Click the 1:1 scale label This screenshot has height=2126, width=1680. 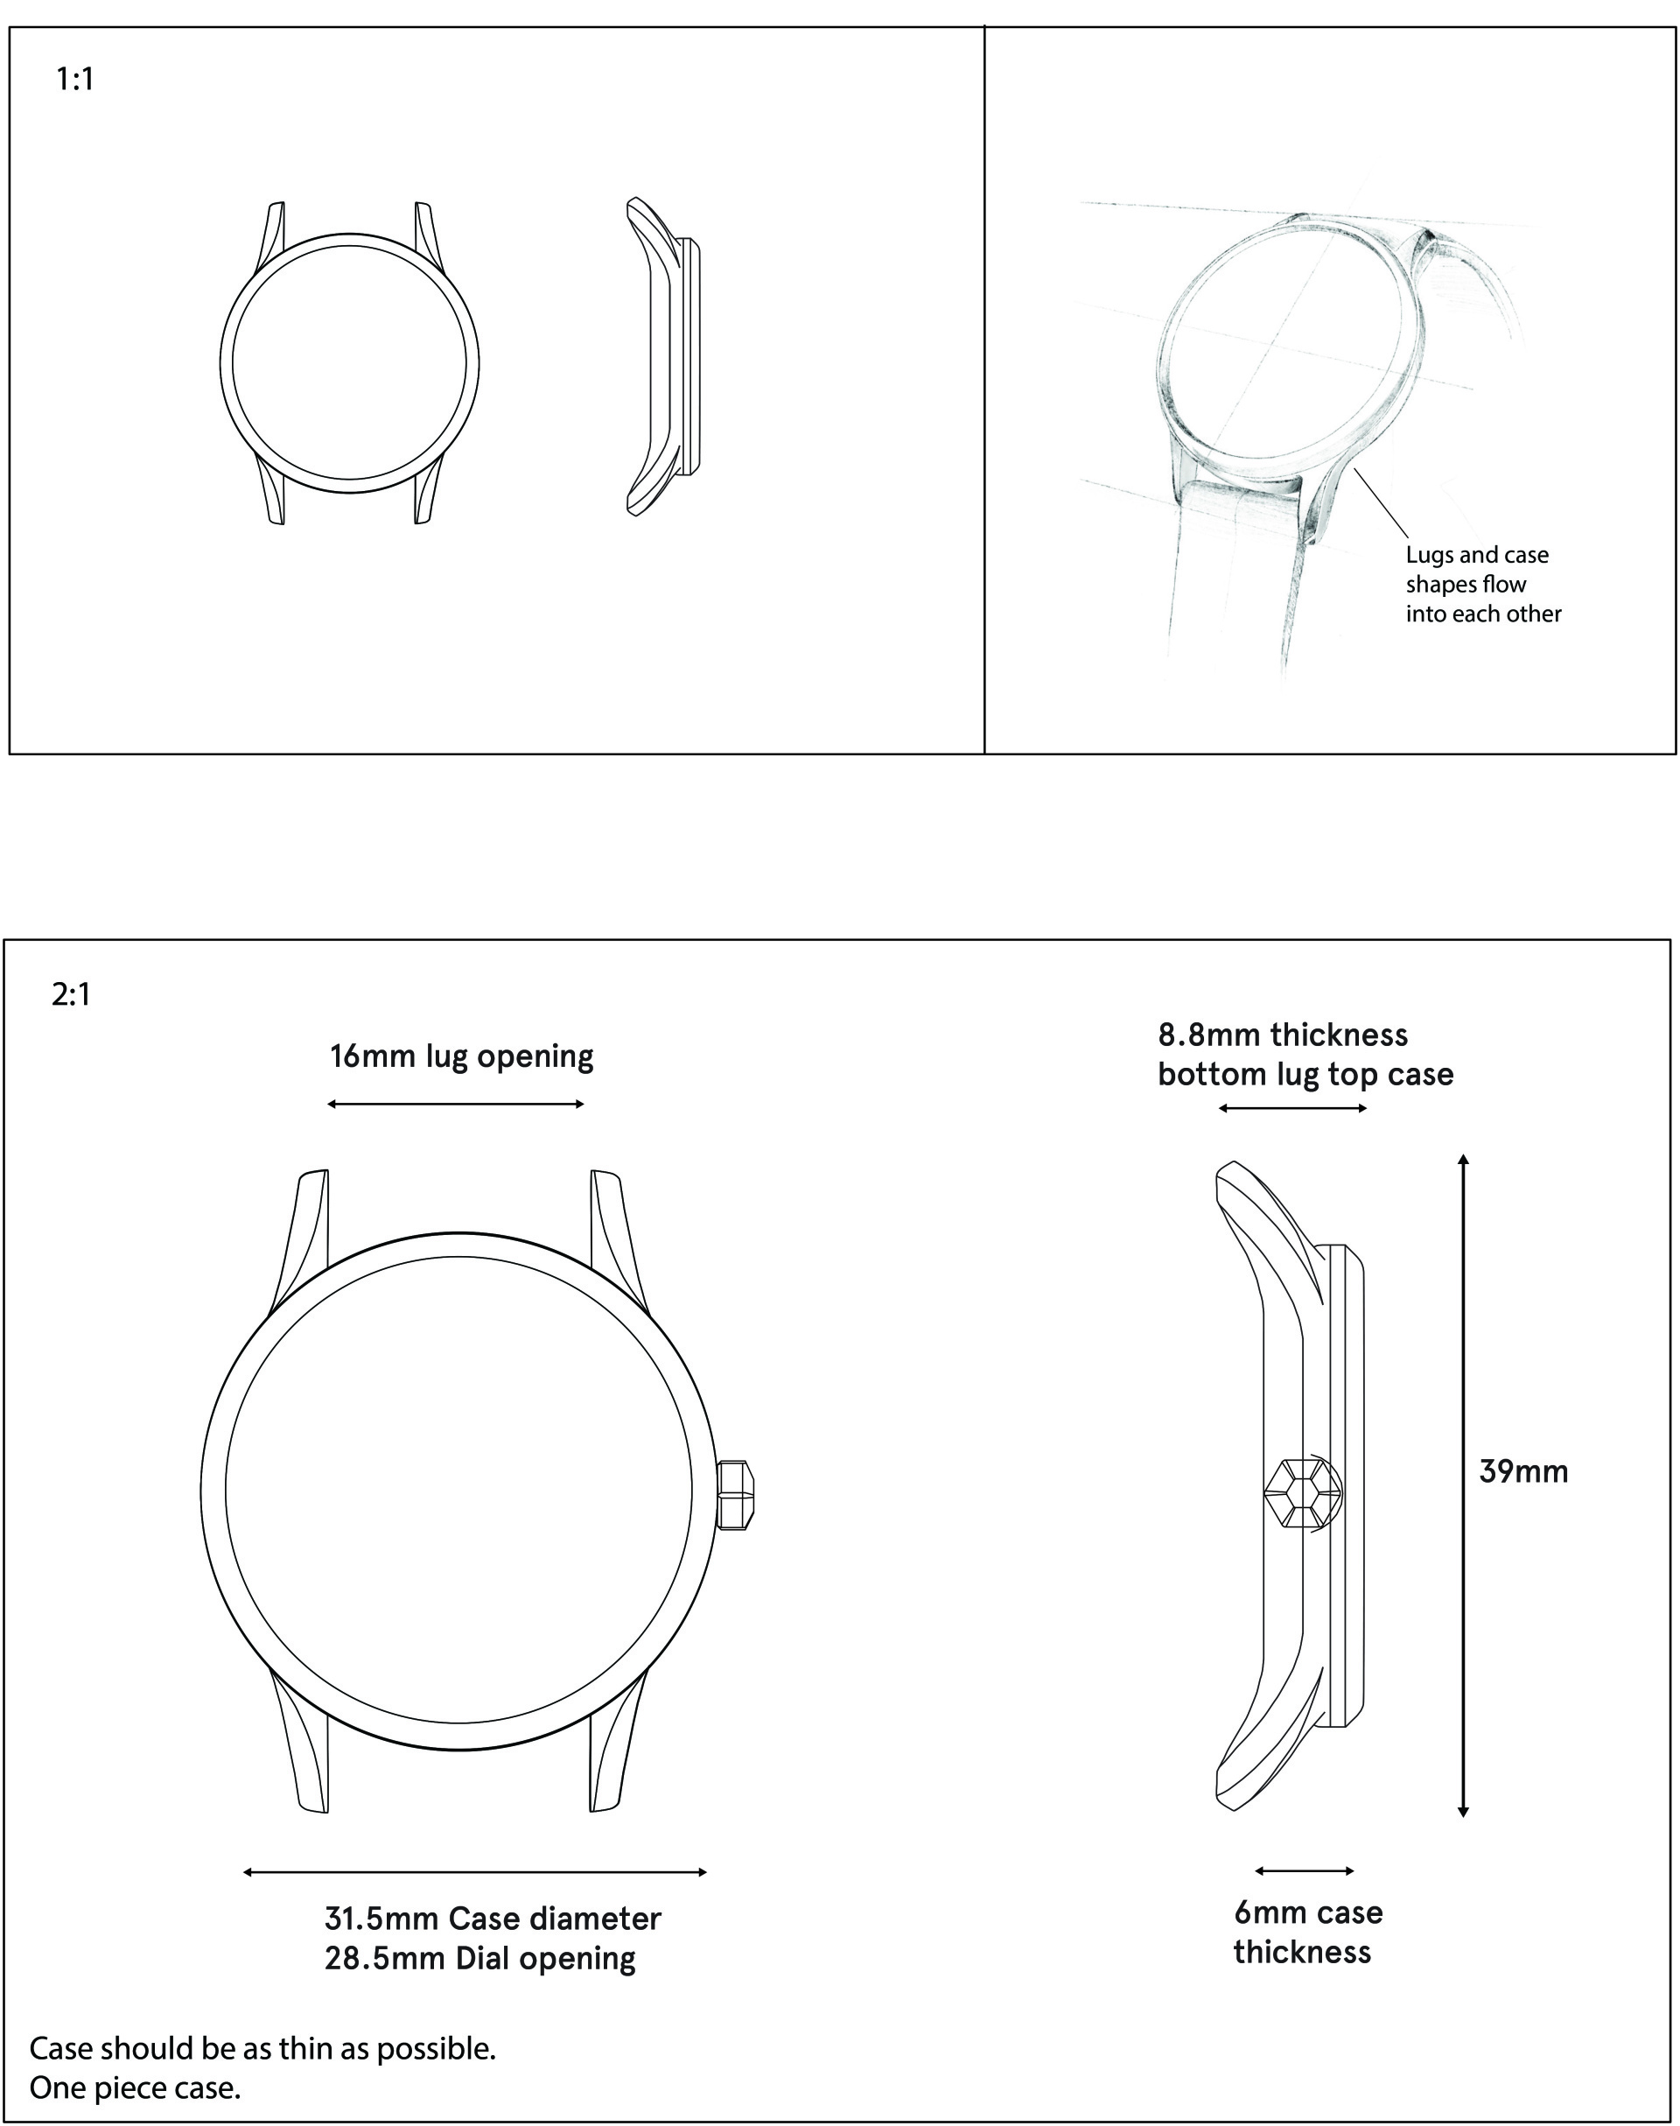point(74,79)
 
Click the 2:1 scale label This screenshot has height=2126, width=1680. point(71,994)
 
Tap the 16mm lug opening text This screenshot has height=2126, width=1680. point(461,1056)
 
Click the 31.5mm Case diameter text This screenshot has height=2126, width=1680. point(493,1919)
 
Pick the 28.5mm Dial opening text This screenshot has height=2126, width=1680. point(480,1958)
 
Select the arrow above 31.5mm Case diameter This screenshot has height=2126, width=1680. point(475,1872)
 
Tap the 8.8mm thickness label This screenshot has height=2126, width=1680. point(1283,1035)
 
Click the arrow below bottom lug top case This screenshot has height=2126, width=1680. point(1292,1109)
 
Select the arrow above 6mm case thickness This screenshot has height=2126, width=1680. point(1305,1870)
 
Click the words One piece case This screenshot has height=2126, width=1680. point(135,2087)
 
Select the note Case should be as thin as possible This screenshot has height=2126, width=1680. point(262,2048)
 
